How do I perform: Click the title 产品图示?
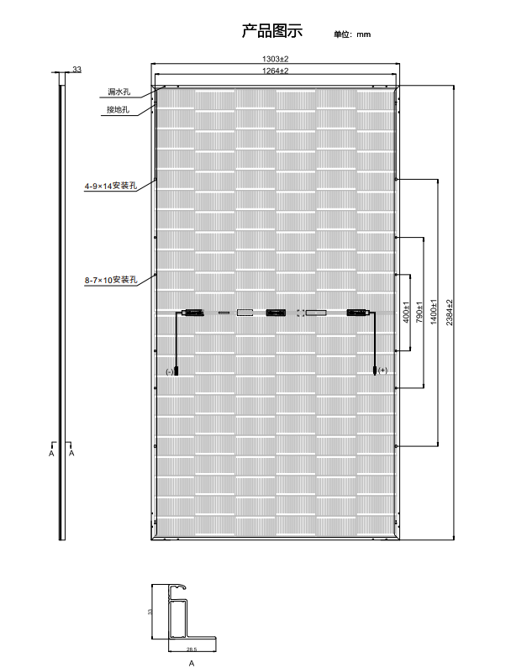coord(272,31)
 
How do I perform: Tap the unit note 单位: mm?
coord(352,34)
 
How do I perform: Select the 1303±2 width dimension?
coord(276,59)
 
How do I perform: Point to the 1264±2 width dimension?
coord(276,71)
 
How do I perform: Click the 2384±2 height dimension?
coord(450,313)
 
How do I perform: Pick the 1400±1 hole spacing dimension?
coord(434,313)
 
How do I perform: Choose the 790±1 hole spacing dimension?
coord(419,313)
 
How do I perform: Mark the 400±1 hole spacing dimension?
coord(406,313)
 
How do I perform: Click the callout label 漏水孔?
coord(119,92)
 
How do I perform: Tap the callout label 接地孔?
coord(118,109)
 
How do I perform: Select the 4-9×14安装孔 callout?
coord(111,186)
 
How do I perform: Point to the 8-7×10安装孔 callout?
coord(111,280)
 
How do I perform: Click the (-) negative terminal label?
coord(170,372)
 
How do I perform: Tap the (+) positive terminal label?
coord(382,371)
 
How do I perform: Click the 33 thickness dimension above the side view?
coord(76,69)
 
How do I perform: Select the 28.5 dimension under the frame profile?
coord(192,650)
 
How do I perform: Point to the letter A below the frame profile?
coord(192,663)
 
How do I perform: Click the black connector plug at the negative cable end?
coord(176,371)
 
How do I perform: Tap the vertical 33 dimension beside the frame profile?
coord(150,612)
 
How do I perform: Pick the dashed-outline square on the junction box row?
coord(301,313)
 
